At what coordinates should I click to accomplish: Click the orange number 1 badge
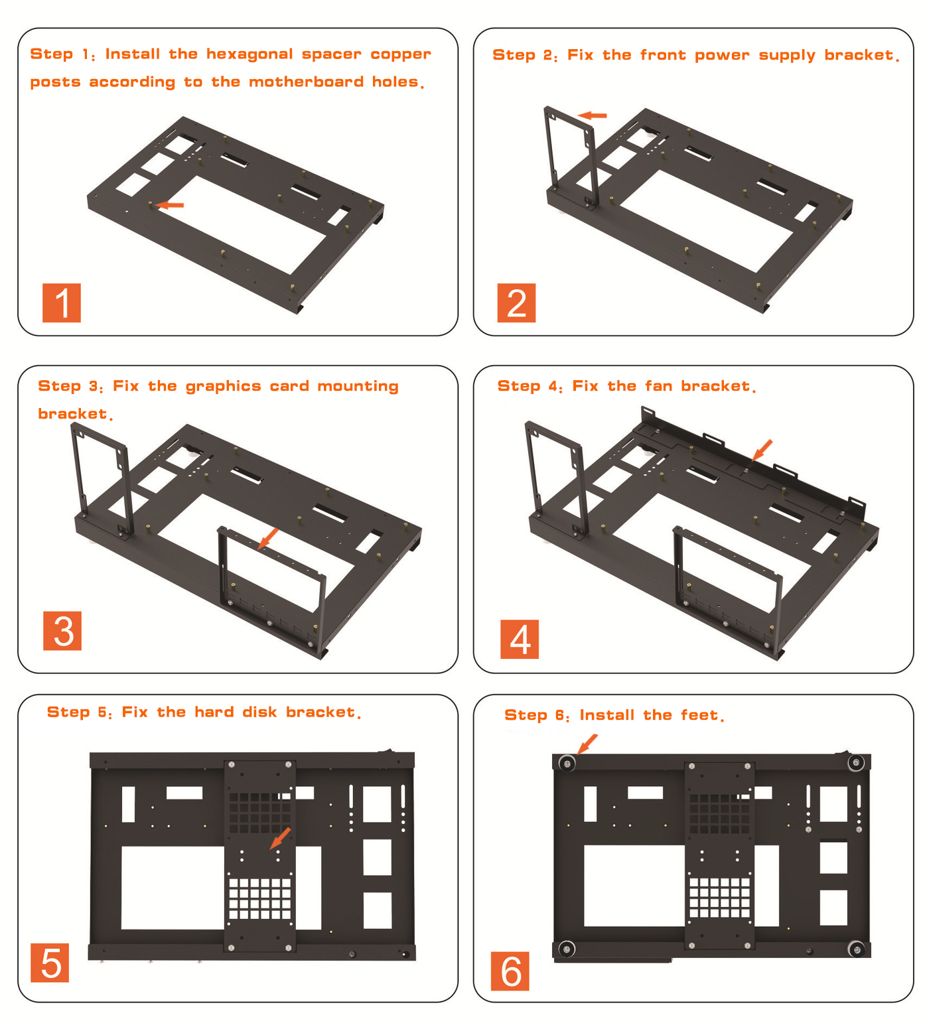[62, 303]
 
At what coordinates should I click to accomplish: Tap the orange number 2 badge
[516, 303]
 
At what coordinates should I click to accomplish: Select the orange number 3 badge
[62, 631]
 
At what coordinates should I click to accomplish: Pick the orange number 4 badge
[520, 640]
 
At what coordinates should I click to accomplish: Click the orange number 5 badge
[50, 963]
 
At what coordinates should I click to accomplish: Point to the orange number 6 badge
[510, 971]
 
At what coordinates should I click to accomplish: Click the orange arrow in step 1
[170, 205]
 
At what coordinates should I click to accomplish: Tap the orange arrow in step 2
[593, 115]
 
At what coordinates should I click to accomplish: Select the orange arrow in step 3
[269, 537]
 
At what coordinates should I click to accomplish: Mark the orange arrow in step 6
[587, 743]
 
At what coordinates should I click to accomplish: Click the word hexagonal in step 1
[249, 54]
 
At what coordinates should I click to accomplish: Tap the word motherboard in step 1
[306, 82]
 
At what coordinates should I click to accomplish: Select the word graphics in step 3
[223, 387]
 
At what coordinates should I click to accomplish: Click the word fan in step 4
[658, 386]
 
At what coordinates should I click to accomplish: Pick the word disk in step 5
[259, 713]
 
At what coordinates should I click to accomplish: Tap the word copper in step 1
[401, 54]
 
